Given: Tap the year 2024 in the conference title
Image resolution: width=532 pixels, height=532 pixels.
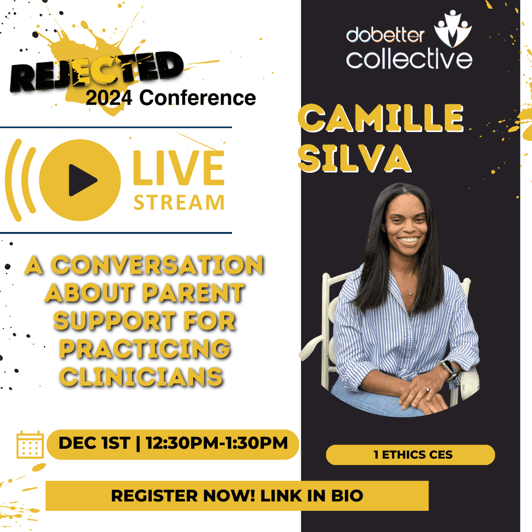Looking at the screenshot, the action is pyautogui.click(x=108, y=98).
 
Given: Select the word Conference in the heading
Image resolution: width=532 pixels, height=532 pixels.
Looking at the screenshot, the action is pyautogui.click(x=198, y=98).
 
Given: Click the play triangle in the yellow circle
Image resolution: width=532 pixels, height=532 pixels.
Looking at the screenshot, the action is pyautogui.click(x=83, y=180).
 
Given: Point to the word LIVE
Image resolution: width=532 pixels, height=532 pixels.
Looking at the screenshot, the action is pyautogui.click(x=178, y=168).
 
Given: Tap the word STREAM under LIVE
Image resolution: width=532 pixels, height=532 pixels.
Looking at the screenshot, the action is pyautogui.click(x=179, y=202).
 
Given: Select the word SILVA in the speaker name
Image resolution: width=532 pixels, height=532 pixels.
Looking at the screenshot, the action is pyautogui.click(x=355, y=159).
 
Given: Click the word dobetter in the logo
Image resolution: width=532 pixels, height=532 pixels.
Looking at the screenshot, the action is pyautogui.click(x=385, y=35).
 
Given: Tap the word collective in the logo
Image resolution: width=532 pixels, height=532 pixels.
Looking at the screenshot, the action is pyautogui.click(x=409, y=58).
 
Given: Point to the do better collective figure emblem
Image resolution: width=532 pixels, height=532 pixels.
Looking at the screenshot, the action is pyautogui.click(x=453, y=29).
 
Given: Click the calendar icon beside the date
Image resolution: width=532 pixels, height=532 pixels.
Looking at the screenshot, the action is pyautogui.click(x=30, y=444).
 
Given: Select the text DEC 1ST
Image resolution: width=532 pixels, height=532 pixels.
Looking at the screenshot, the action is pyautogui.click(x=94, y=443).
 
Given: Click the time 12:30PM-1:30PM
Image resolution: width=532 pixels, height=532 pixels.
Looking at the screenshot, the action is pyautogui.click(x=217, y=443).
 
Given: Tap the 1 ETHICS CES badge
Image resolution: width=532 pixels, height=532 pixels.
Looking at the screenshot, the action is pyautogui.click(x=410, y=455).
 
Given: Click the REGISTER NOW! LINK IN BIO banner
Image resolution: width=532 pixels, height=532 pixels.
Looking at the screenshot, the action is pyautogui.click(x=237, y=496).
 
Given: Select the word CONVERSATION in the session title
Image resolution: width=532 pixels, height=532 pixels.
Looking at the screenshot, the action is pyautogui.click(x=158, y=265).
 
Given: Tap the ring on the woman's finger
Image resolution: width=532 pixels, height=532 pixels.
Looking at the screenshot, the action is pyautogui.click(x=426, y=389).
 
